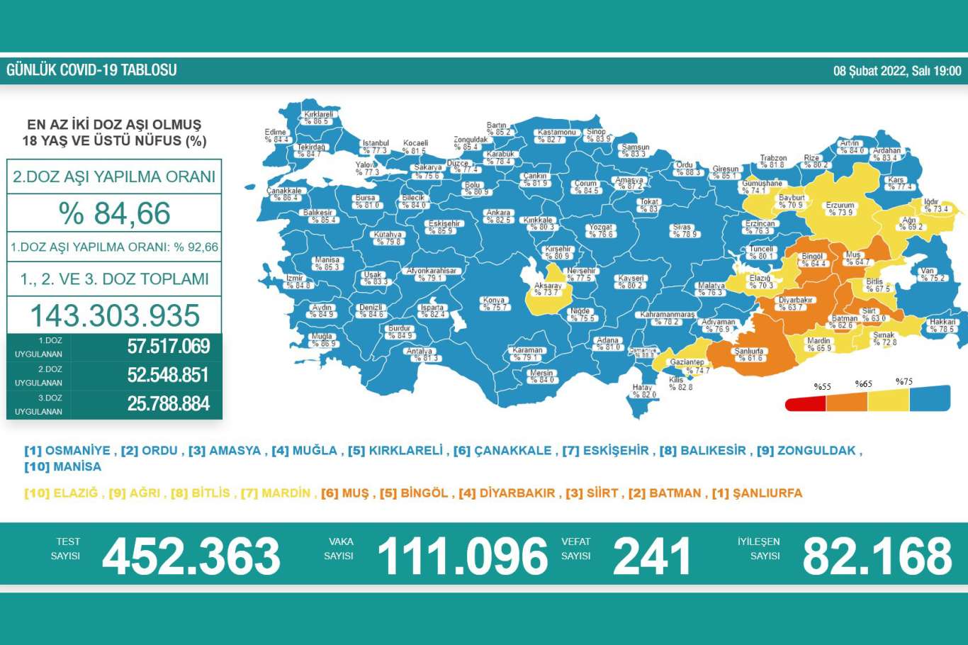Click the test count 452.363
tap(191, 556)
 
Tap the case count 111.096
tap(463, 556)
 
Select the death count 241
tap(651, 556)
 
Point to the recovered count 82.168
tap(877, 556)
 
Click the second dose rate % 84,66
tap(115, 213)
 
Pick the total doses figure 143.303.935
tap(115, 315)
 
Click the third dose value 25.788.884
tap(169, 404)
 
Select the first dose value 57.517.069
tap(169, 347)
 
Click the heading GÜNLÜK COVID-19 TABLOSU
tap(91, 70)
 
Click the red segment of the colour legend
tap(805, 403)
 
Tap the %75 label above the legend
tap(904, 382)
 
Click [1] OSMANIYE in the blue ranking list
tap(67, 451)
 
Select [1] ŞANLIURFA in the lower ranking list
tap(757, 493)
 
